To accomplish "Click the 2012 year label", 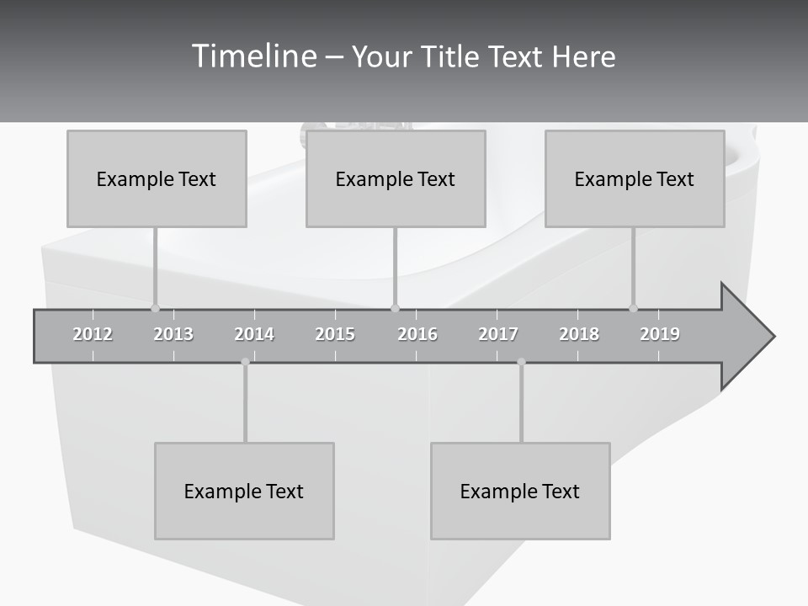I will [x=93, y=334].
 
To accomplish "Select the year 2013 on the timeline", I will [x=173, y=334].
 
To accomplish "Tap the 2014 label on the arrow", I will [x=254, y=334].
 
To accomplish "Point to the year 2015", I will [x=335, y=334].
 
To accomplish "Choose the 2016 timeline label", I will [x=417, y=334].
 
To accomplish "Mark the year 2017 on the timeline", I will [x=498, y=334].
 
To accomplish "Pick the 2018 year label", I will [x=579, y=334].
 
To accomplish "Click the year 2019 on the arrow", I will [x=660, y=334].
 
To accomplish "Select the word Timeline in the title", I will [x=252, y=56].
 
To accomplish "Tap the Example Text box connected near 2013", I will [x=157, y=178].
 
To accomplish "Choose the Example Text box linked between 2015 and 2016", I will [x=396, y=178].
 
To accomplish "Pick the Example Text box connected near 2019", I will [x=635, y=178].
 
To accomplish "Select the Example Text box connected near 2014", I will [x=244, y=491].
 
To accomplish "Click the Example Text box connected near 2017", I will [x=520, y=491].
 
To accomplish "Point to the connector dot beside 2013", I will [x=155, y=308].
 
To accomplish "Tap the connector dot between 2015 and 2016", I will [x=396, y=308].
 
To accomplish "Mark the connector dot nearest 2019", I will [x=634, y=308].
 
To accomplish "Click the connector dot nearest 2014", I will [x=245, y=362].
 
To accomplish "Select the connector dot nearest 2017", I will [x=521, y=362].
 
